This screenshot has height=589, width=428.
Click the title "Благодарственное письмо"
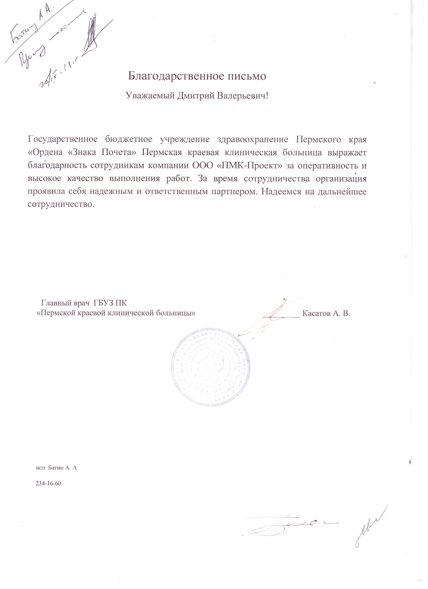197,76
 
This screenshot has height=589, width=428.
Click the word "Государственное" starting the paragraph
63,139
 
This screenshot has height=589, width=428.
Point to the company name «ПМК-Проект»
249,166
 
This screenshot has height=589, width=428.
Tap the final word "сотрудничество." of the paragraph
61,204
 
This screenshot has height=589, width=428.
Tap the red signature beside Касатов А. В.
270,318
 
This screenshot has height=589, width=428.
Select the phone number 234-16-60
48,483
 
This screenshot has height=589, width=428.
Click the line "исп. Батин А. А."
57,468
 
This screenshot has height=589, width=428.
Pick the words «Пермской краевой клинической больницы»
116,313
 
